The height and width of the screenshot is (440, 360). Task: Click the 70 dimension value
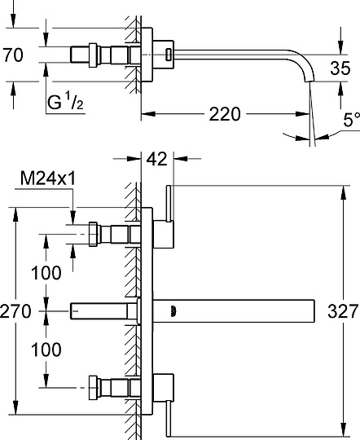[x=14, y=55]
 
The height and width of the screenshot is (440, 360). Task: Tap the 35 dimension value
[x=340, y=68]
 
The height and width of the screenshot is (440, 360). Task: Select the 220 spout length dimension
[x=225, y=114]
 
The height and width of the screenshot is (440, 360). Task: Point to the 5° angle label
[x=351, y=120]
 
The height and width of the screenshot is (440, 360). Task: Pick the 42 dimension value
[x=157, y=159]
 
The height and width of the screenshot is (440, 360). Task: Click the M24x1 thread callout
[x=48, y=178]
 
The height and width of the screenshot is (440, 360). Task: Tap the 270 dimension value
[x=15, y=311]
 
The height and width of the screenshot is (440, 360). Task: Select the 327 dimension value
[x=344, y=311]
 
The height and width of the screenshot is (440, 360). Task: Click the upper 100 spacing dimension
[x=46, y=273]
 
